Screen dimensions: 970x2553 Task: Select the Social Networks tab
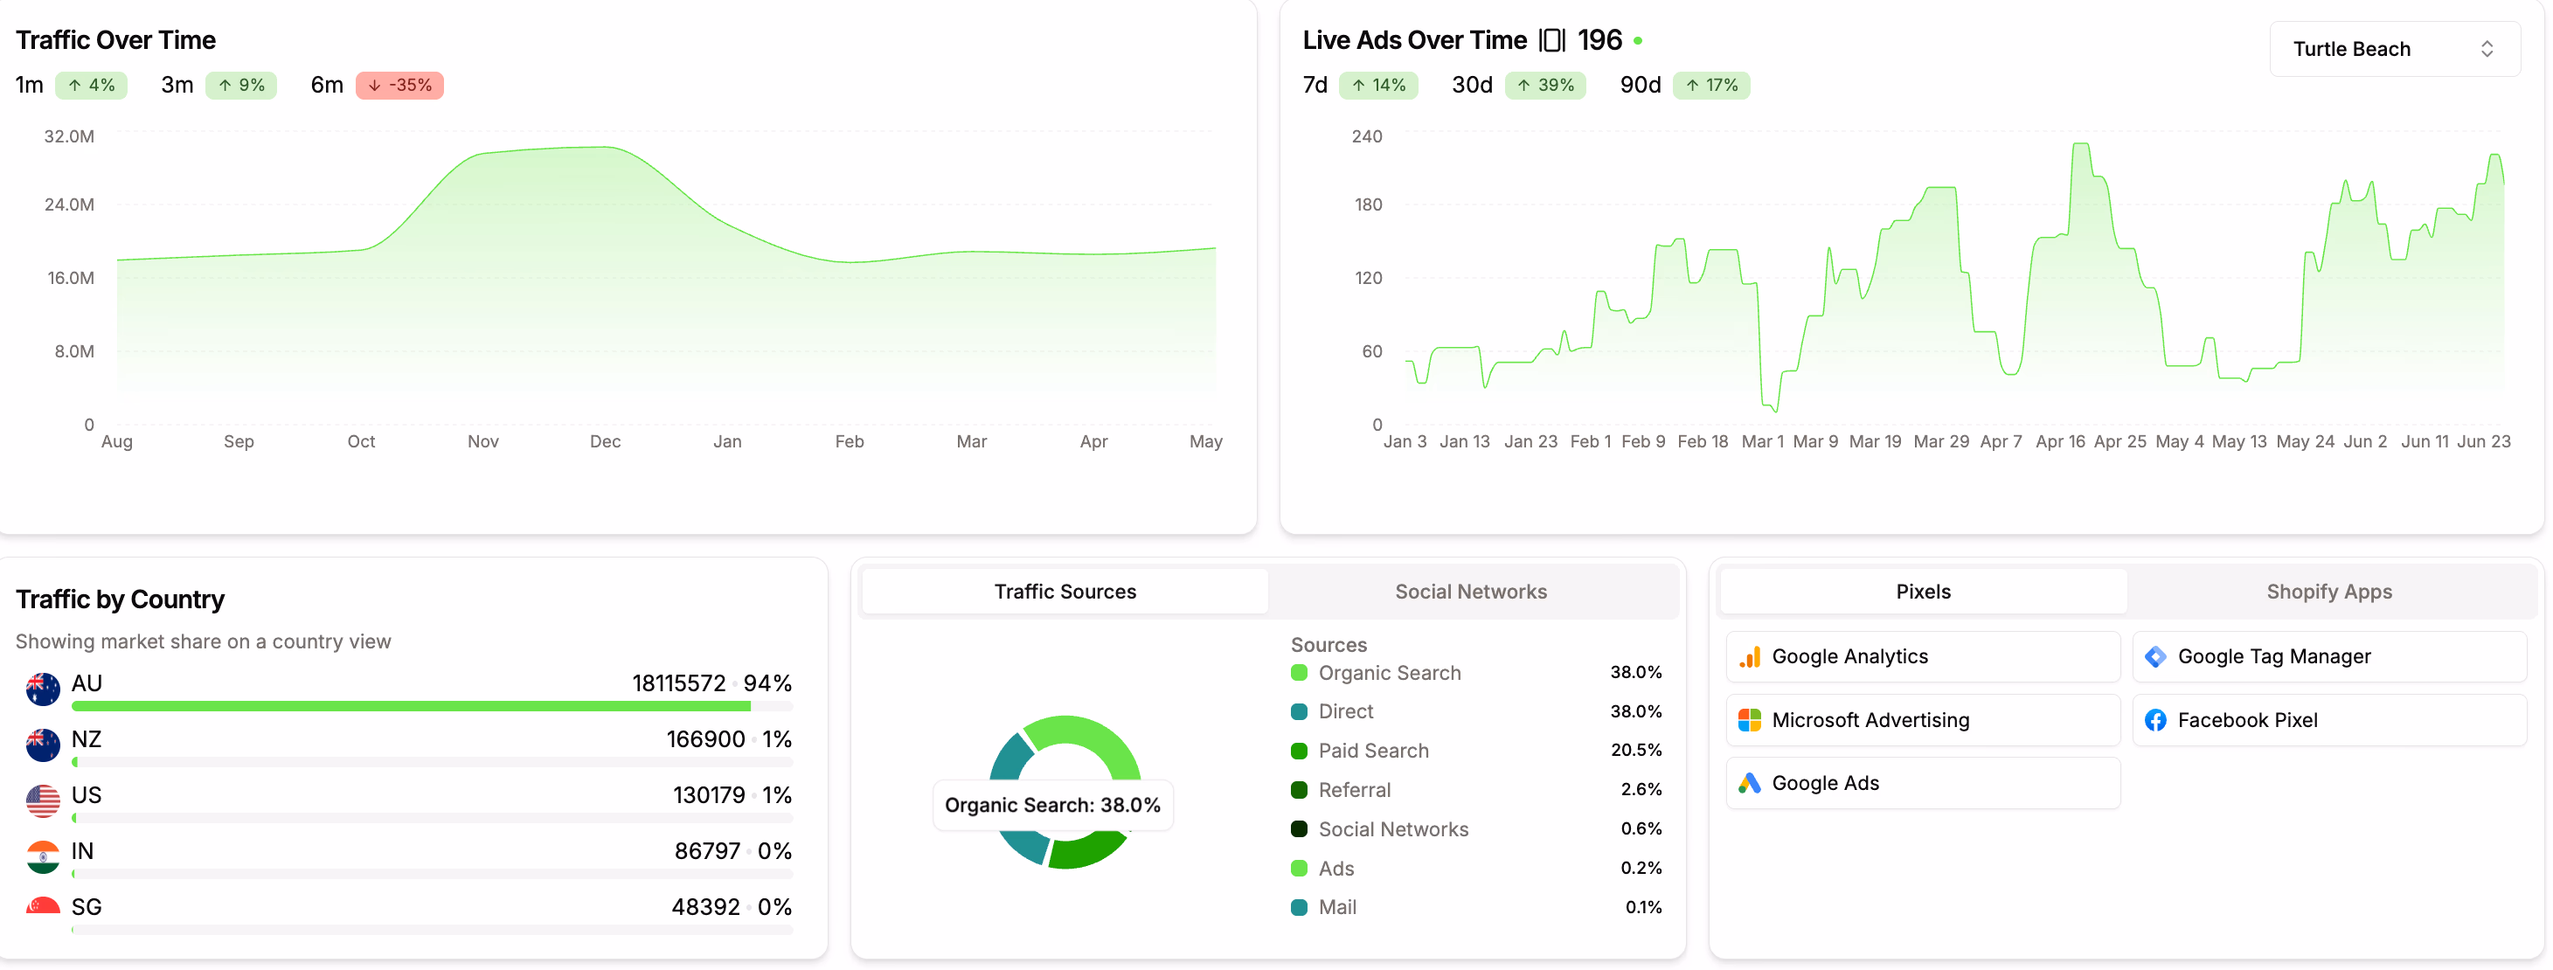click(1470, 592)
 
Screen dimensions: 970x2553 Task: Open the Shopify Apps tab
click(2328, 592)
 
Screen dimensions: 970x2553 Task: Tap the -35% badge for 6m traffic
click(399, 86)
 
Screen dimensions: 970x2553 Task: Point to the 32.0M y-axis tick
click(69, 135)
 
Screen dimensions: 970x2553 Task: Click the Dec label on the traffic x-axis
click(605, 441)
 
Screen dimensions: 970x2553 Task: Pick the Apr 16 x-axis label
click(2059, 441)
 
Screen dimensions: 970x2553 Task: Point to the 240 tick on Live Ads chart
click(1367, 135)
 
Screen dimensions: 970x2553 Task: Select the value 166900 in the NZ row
click(704, 739)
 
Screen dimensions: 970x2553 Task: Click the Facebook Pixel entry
click(2247, 720)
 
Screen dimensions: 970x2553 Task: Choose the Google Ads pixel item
click(1825, 783)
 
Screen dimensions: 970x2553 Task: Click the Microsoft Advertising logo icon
click(1749, 720)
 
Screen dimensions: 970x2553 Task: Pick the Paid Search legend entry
click(1372, 750)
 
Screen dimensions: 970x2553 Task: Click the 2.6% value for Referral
click(1641, 789)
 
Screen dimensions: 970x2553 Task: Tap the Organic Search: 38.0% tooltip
click(1051, 805)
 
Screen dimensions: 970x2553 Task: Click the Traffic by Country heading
click(120, 599)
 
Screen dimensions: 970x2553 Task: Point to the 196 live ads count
click(1599, 40)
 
